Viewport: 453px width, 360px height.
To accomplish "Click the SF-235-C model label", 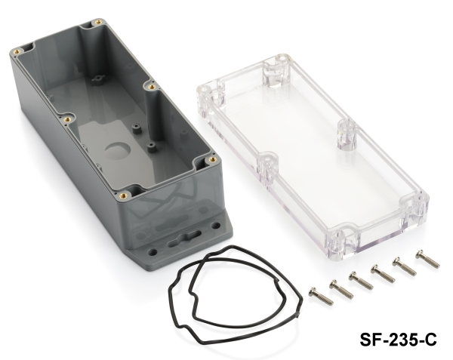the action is [x=398, y=339].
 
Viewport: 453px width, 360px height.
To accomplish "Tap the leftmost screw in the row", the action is [x=321, y=296].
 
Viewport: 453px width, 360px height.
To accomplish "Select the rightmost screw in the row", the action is [x=427, y=259].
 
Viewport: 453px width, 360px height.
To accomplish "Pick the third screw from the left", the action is [x=361, y=280].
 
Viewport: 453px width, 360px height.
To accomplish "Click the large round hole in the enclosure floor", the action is [x=117, y=151].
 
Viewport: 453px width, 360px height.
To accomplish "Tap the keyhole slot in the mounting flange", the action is [x=185, y=238].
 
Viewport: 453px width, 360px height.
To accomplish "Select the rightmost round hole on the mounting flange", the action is [x=215, y=226].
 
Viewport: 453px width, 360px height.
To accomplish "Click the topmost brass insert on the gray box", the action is [x=98, y=22].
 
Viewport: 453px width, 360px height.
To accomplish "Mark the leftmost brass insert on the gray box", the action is [x=17, y=51].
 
